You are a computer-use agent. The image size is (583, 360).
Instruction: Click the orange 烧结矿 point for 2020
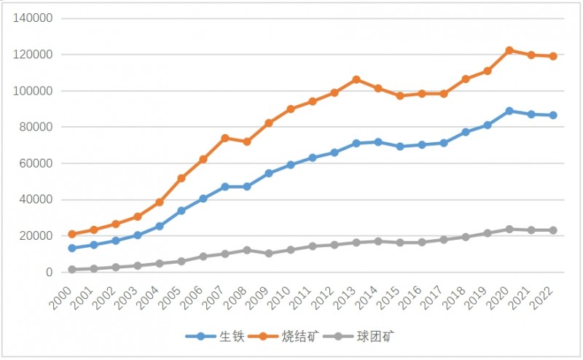point(509,50)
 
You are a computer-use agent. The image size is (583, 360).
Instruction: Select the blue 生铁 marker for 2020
point(509,111)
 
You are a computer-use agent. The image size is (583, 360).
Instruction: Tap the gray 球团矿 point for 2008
point(247,250)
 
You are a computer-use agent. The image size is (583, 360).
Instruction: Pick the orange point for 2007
point(225,138)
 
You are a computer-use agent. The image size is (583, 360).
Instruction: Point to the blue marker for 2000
point(72,249)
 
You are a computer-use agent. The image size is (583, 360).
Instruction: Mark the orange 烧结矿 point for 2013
point(356,79)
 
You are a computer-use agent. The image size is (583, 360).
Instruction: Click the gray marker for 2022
point(553,230)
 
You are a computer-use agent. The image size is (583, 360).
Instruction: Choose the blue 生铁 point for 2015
point(400,146)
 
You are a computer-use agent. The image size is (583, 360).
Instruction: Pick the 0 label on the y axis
point(49,273)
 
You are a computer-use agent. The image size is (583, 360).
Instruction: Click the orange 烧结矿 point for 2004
point(160,202)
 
